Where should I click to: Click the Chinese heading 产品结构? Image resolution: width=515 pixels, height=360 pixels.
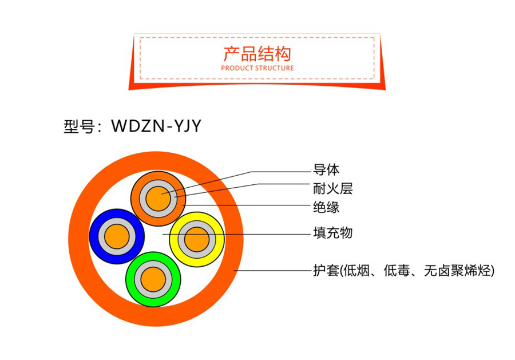(x=257, y=53)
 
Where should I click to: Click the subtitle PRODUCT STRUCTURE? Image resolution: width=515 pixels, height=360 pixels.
(x=257, y=68)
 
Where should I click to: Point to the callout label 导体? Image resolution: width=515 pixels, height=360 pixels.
(x=326, y=170)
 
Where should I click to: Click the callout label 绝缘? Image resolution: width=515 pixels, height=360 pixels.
(x=326, y=205)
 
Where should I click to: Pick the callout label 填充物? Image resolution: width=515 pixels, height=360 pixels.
(x=332, y=233)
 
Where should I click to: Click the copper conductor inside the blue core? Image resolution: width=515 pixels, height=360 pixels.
(x=117, y=236)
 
